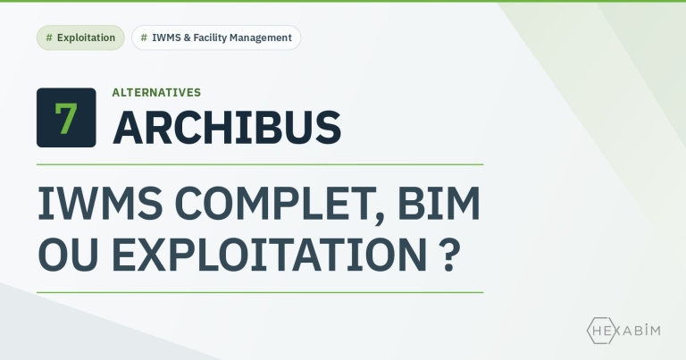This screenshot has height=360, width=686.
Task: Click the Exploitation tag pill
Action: [80, 38]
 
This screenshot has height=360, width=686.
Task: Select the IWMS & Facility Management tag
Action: [216, 38]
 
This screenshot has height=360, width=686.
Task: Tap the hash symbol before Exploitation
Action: [49, 38]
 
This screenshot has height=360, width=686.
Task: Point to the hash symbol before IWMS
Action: [144, 38]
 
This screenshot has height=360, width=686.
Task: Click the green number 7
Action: [66, 118]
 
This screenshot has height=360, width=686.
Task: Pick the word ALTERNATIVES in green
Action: [156, 92]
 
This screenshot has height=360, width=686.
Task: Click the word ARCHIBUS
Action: [227, 127]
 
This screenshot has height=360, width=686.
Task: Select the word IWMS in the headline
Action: [100, 204]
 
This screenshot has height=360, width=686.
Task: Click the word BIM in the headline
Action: [439, 204]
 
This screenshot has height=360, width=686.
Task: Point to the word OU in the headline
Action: [68, 255]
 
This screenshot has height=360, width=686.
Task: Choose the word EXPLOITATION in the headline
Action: [269, 255]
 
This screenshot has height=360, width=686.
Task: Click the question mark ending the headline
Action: [449, 255]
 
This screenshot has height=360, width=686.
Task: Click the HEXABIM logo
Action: [623, 331]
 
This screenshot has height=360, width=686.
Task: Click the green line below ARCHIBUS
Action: [260, 165]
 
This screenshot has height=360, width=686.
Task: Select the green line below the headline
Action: [260, 292]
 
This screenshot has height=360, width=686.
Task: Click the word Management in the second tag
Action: [261, 38]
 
